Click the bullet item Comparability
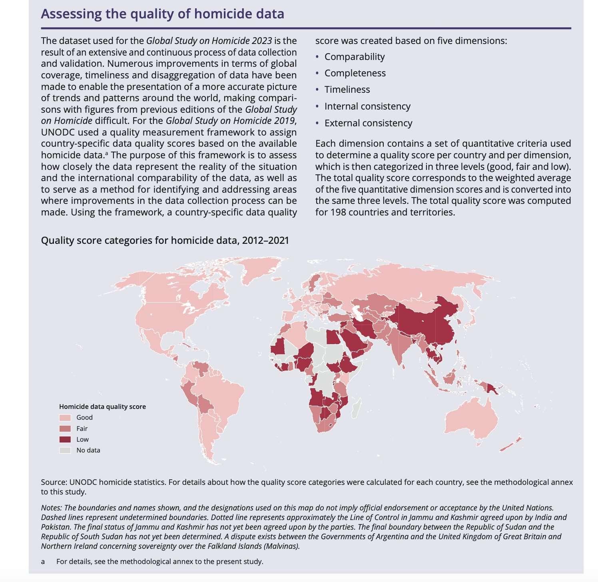[x=354, y=57]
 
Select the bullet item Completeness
[x=355, y=73]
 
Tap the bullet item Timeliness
[x=347, y=90]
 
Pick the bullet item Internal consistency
[x=367, y=106]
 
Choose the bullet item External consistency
[x=368, y=123]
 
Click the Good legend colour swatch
[x=65, y=418]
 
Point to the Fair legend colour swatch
[x=65, y=429]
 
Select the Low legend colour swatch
[x=65, y=439]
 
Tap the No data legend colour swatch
[x=65, y=450]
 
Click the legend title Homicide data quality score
[x=102, y=407]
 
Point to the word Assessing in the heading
[x=71, y=14]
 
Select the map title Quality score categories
[x=104, y=240]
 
